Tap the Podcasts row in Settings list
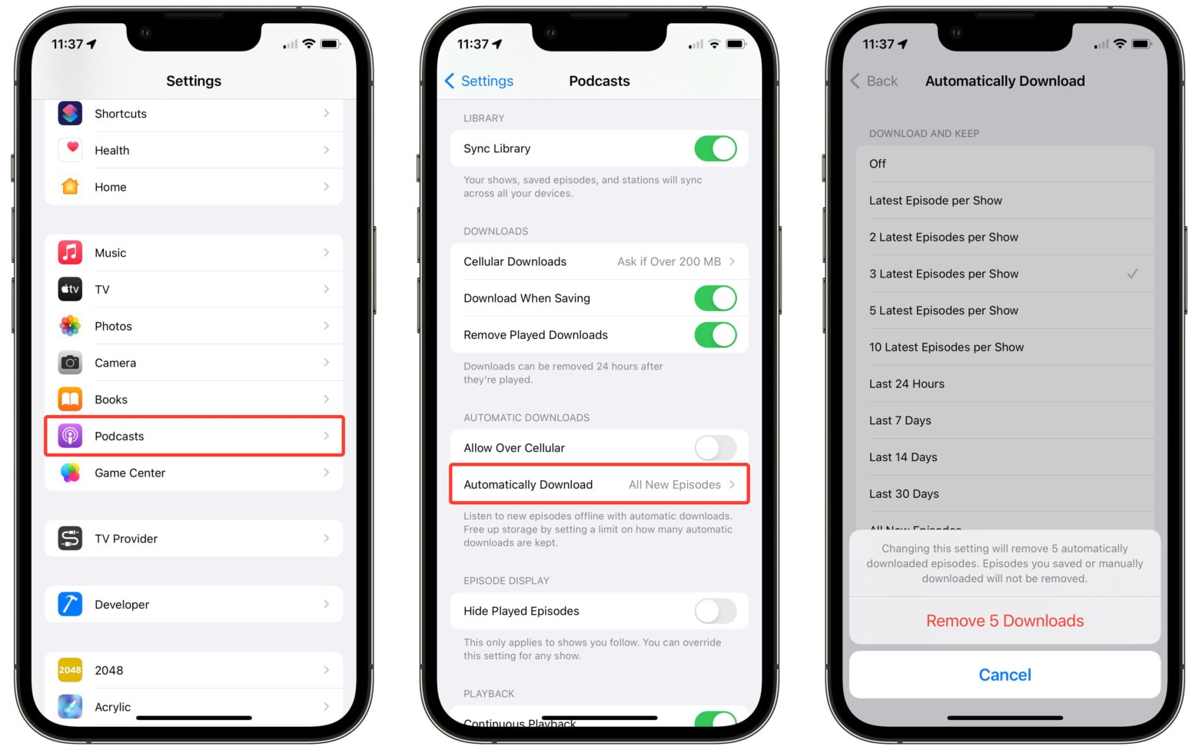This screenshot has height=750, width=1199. point(194,436)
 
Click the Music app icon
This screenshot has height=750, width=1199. point(70,253)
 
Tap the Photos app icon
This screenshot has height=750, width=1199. point(70,326)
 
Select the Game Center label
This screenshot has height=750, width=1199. point(130,473)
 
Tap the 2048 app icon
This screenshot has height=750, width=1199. point(70,670)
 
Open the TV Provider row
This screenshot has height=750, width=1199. point(194,539)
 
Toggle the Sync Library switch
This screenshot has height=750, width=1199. point(715,148)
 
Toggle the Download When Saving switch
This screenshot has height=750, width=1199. point(715,298)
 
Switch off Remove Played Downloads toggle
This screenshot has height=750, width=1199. point(715,335)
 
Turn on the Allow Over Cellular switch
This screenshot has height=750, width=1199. point(715,448)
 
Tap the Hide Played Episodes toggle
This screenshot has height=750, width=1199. point(715,612)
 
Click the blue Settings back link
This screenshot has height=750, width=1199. point(480,81)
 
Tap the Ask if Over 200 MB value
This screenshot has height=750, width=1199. point(669,262)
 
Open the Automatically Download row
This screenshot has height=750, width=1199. point(599,485)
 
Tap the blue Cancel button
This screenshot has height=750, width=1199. point(1005,675)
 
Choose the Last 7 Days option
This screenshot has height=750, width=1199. point(900,421)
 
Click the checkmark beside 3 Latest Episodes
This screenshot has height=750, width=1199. point(1131,274)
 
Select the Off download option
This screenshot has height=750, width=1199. point(878,164)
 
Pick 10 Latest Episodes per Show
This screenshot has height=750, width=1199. point(946,347)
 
